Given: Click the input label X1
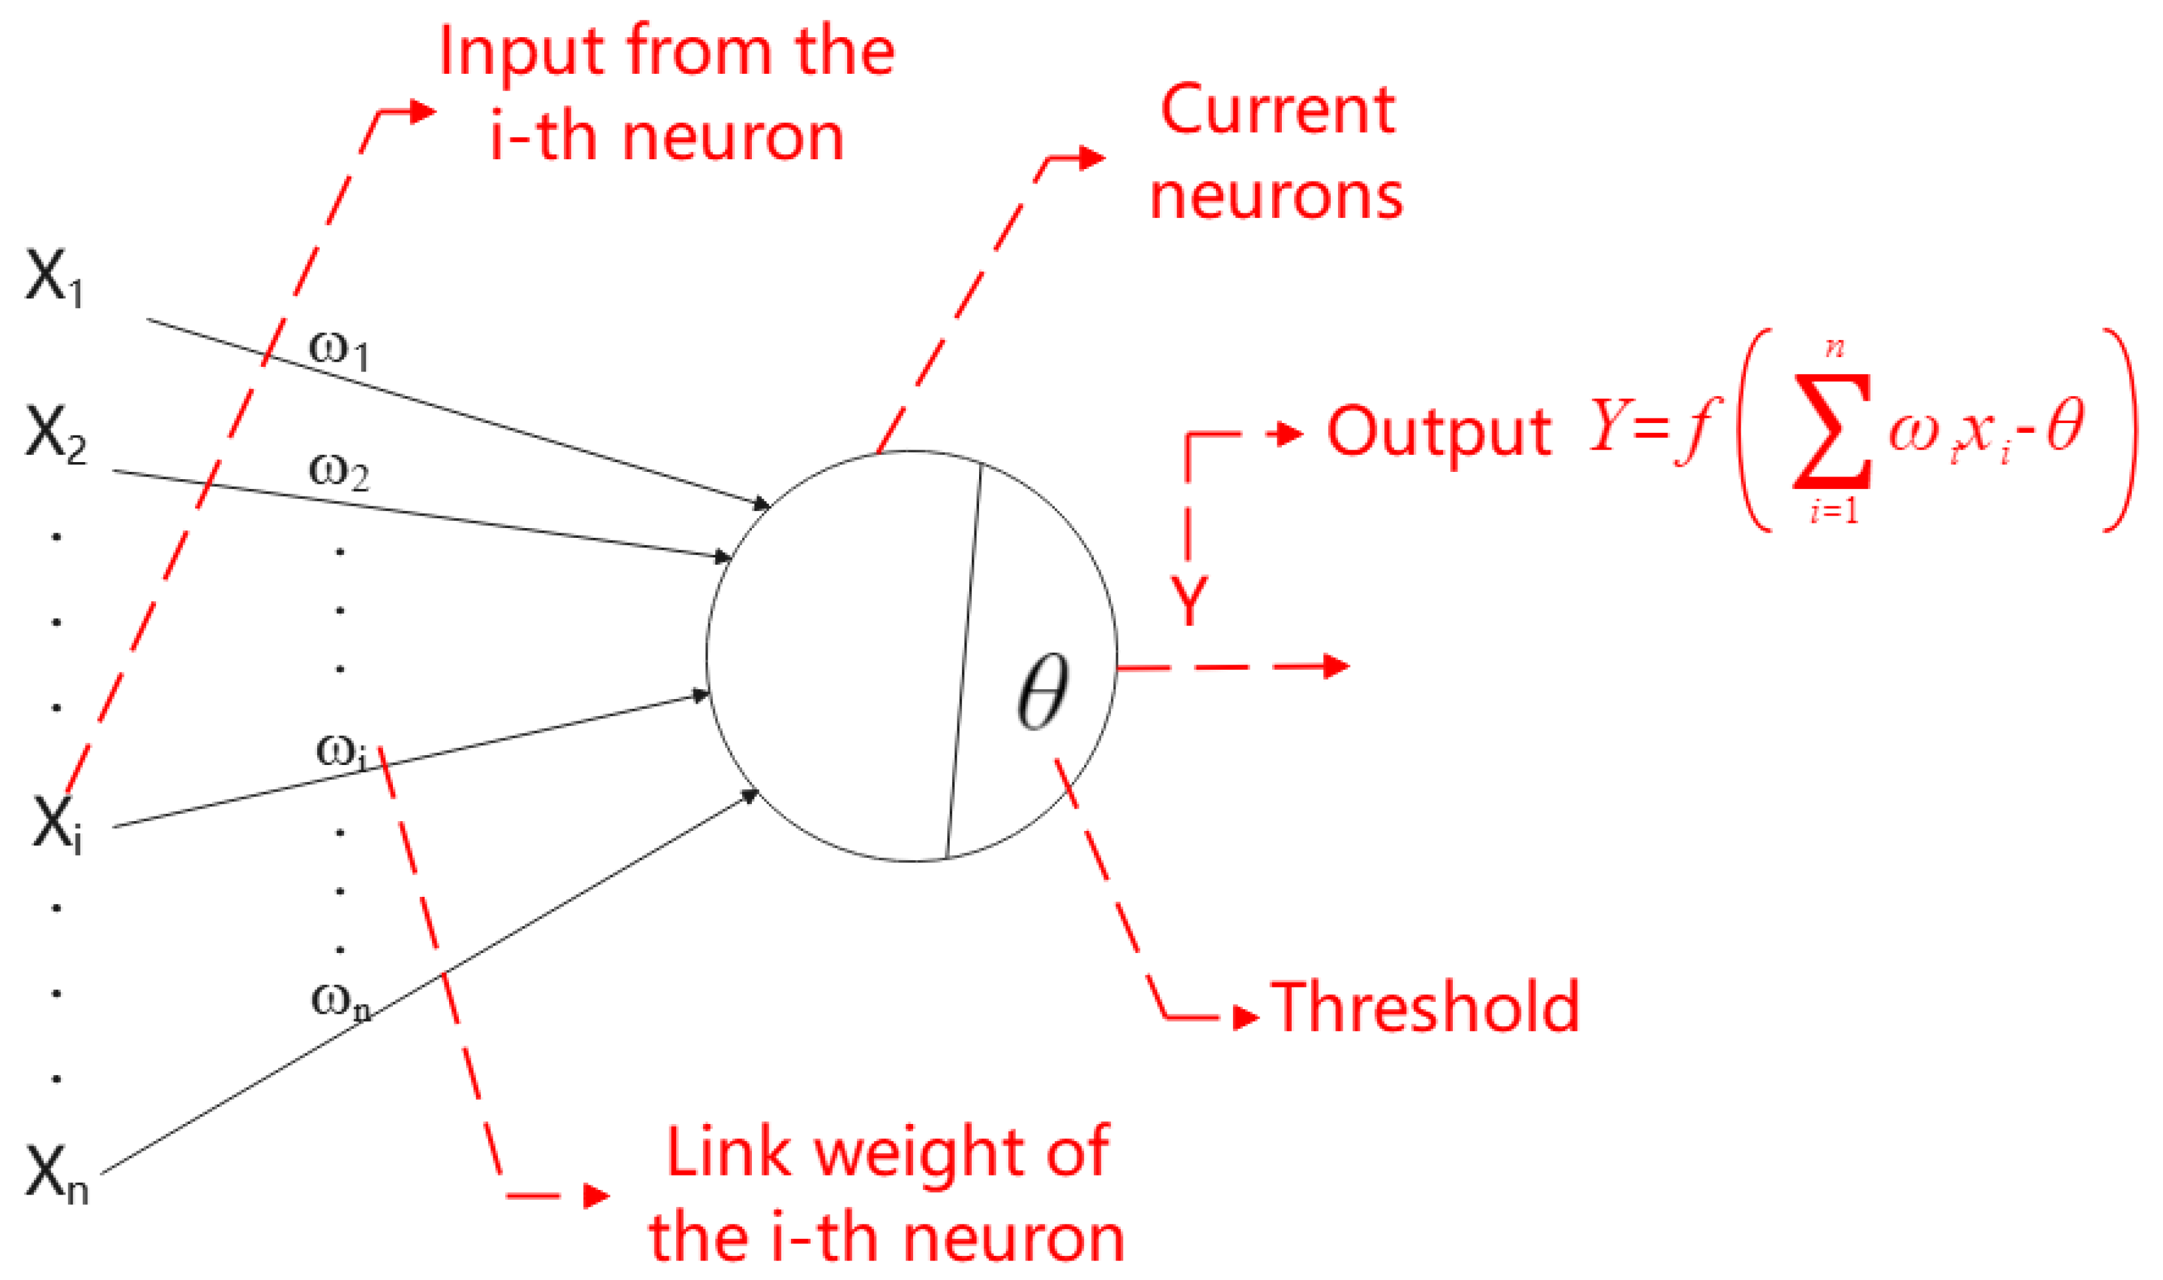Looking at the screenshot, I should pos(54,279).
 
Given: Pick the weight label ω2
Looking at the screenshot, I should pos(339,473).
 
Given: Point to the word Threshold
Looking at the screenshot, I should pos(1425,1007).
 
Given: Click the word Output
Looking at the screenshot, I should pos(1439,431).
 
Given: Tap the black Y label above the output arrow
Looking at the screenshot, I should pos(1189,601).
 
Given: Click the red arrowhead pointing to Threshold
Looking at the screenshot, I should pos(1246,1017).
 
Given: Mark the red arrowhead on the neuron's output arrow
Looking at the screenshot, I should pos(1336,666).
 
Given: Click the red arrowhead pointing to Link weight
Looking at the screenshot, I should pos(597,1196).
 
